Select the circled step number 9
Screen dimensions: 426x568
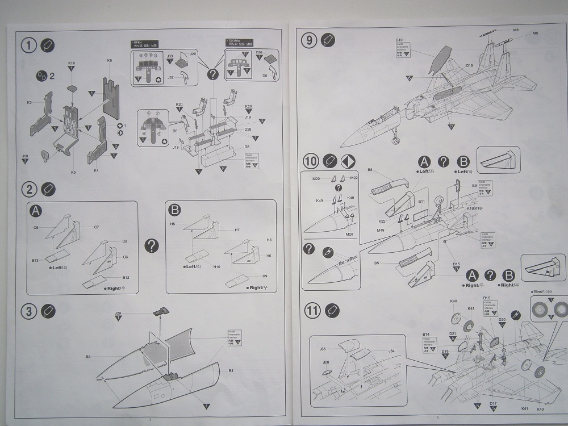pyautogui.click(x=310, y=40)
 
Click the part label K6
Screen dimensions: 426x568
pyautogui.click(x=109, y=60)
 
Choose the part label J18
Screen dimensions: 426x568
pyautogui.click(x=25, y=155)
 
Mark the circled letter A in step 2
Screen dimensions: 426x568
pyautogui.click(x=35, y=211)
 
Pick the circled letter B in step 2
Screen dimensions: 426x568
pyautogui.click(x=175, y=210)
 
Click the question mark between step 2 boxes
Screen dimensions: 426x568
pyautogui.click(x=152, y=245)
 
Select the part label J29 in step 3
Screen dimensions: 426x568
pyautogui.click(x=118, y=313)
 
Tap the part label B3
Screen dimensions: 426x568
pyautogui.click(x=89, y=357)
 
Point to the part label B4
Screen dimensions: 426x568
pyautogui.click(x=231, y=370)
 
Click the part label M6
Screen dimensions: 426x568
pyautogui.click(x=516, y=30)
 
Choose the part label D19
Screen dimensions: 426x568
pyautogui.click(x=469, y=66)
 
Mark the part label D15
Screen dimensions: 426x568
pyautogui.click(x=456, y=264)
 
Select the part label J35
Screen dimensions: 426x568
pyautogui.click(x=322, y=349)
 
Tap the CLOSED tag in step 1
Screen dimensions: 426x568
pyautogui.click(x=233, y=41)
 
